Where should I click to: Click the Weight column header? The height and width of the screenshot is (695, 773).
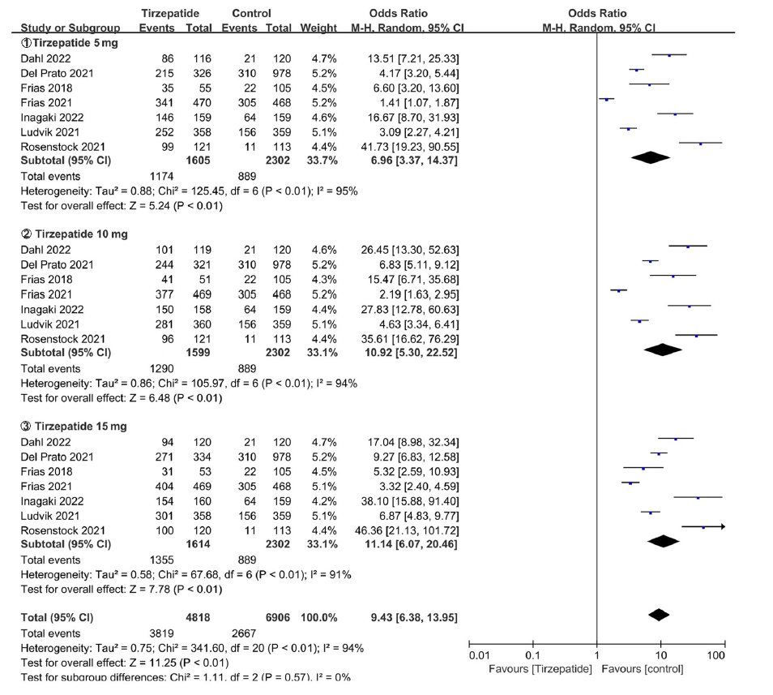(318, 28)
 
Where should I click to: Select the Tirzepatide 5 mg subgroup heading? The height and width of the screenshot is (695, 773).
(70, 43)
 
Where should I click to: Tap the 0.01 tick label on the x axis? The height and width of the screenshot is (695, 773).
(479, 655)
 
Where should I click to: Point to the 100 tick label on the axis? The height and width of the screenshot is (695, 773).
(715, 655)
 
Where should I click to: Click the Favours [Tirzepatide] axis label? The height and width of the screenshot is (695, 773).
(540, 669)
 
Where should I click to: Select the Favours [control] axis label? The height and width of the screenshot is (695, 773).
(643, 669)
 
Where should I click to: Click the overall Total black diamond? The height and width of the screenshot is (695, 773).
(659, 615)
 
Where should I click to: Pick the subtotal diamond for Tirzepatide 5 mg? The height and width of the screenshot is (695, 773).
(651, 157)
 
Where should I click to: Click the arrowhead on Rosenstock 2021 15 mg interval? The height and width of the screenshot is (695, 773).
(722, 527)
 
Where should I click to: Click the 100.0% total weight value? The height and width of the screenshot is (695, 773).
(319, 618)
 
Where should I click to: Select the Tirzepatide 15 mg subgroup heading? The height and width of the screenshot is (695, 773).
(74, 427)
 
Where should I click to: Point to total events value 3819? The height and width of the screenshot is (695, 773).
(162, 633)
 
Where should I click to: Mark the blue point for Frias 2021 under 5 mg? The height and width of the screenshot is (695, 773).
(607, 100)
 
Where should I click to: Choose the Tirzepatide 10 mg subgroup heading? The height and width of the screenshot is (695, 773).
(75, 234)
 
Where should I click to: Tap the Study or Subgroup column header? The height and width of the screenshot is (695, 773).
(70, 28)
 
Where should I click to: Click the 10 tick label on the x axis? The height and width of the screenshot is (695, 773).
(661, 655)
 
